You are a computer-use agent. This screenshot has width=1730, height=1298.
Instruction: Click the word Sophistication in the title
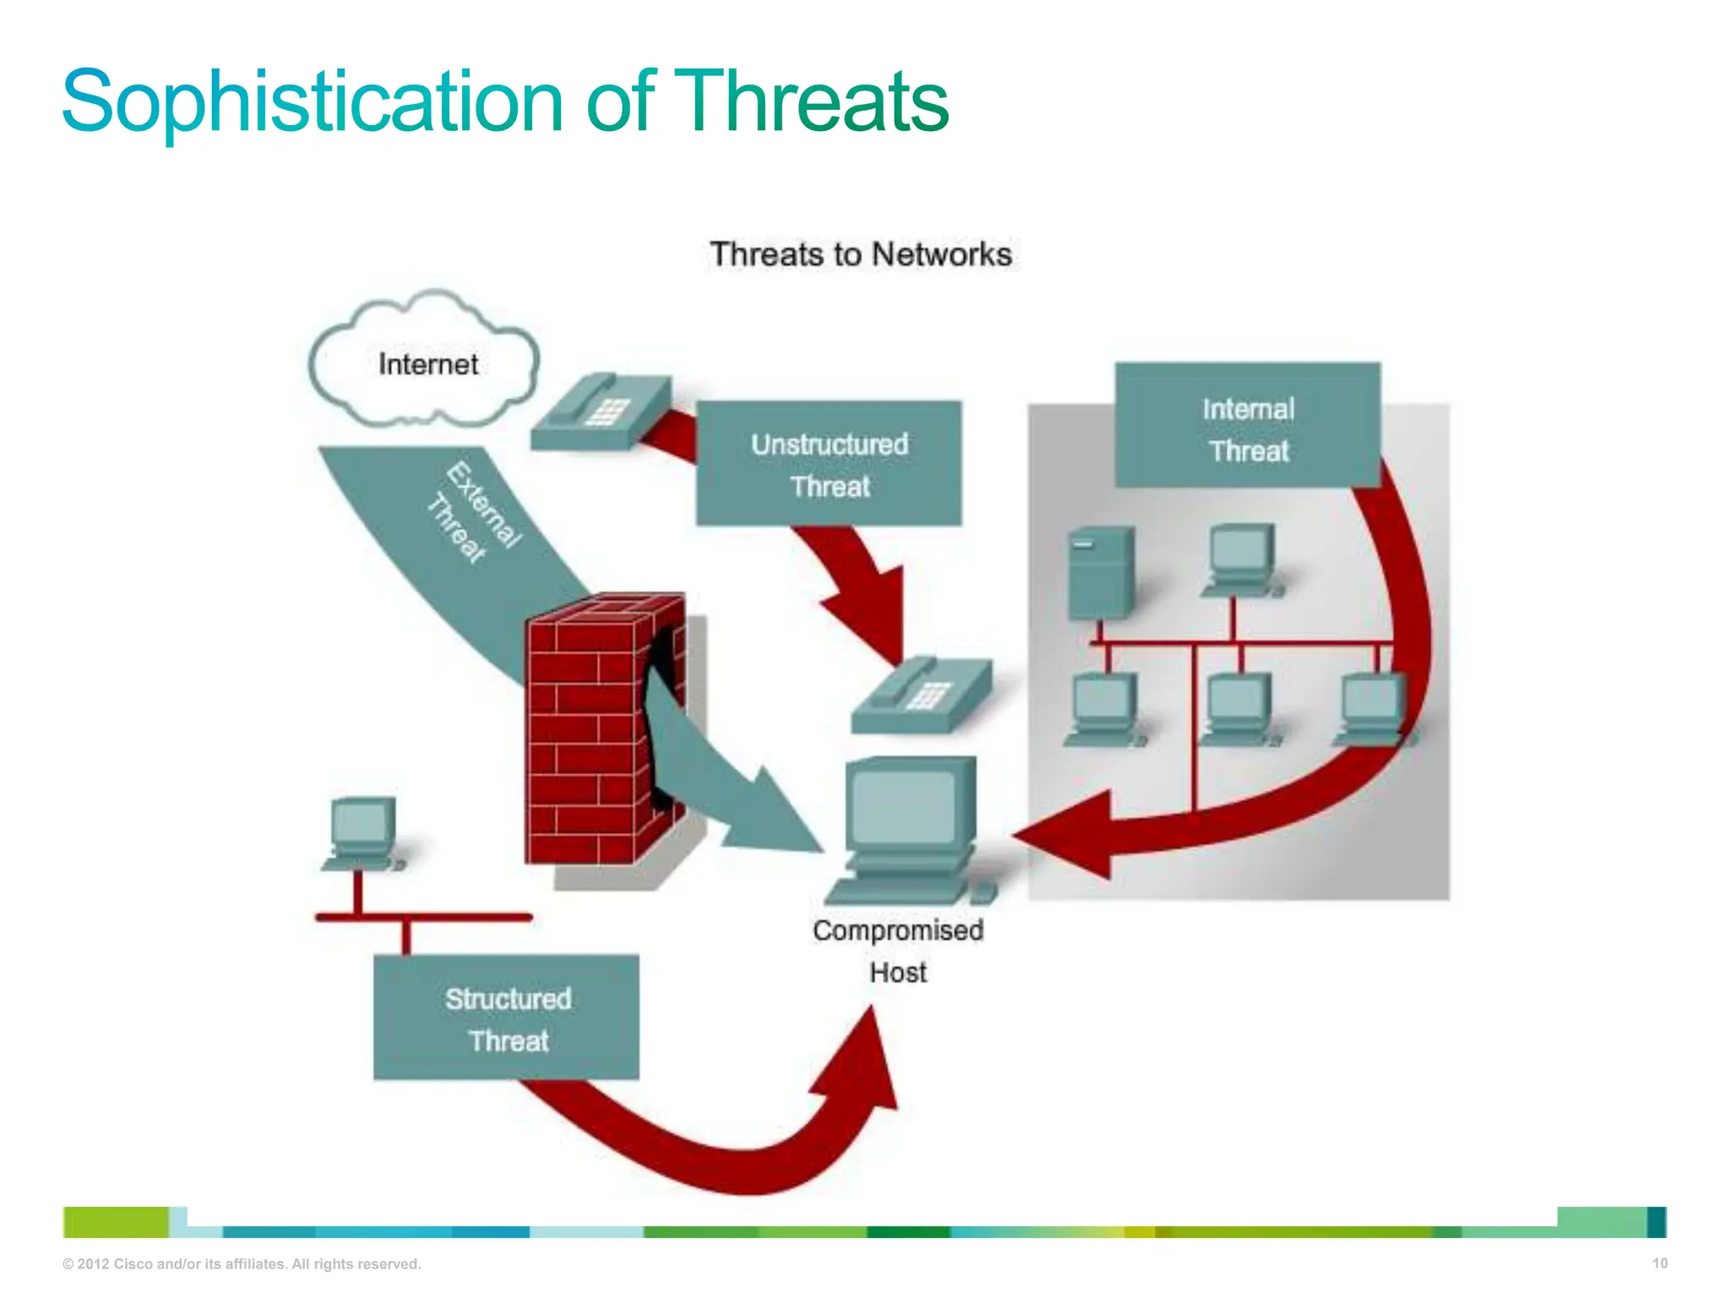311,103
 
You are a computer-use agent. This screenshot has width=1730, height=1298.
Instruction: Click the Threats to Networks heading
860,254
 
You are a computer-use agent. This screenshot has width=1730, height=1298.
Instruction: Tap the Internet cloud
427,363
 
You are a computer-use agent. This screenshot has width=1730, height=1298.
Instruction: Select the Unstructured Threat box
828,464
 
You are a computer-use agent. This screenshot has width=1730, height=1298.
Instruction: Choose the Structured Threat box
507,1017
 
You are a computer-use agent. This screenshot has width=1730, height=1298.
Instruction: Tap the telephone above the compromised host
921,695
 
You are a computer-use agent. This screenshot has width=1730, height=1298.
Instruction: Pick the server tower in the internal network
1100,573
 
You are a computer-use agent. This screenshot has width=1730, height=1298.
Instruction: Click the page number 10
1659,1263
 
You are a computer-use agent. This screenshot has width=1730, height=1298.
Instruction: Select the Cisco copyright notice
242,1264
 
